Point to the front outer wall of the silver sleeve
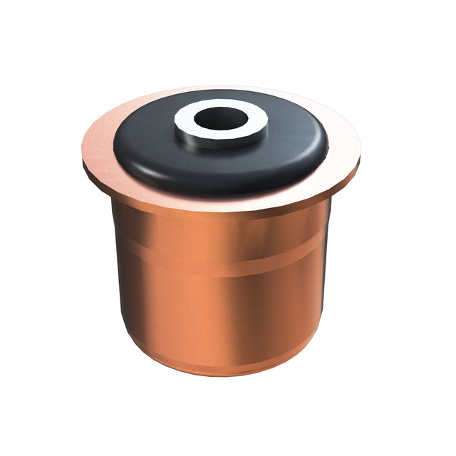point(221,140)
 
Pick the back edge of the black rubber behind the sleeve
point(221,94)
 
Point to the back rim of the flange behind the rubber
point(221,88)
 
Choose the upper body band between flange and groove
point(221,242)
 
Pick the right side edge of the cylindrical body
point(328,285)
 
